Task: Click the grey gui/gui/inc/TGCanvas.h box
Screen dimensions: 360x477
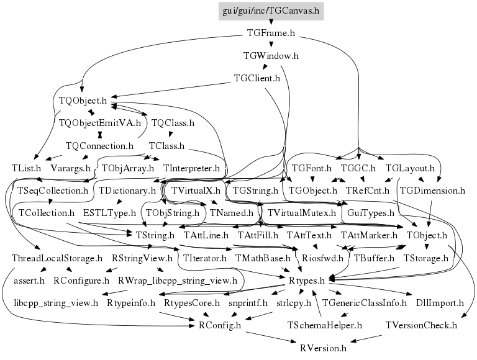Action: click(271, 12)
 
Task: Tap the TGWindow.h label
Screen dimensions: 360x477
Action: click(271, 56)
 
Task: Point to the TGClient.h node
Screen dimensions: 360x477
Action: click(257, 78)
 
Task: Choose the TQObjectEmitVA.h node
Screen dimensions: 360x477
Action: click(99, 123)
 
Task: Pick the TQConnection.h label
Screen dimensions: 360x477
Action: click(99, 146)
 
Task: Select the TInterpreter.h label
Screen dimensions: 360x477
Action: click(191, 168)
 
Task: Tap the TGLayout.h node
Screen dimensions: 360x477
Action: click(409, 168)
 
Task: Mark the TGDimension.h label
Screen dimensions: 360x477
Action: click(432, 191)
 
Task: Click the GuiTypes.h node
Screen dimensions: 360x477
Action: click(363, 212)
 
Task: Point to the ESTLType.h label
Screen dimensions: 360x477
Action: click(109, 212)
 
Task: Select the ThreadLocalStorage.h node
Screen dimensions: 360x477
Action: click(57, 258)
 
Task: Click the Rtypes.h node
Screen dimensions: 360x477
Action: click(307, 281)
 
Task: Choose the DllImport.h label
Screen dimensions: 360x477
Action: click(440, 303)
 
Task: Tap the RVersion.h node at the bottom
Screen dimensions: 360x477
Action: click(322, 348)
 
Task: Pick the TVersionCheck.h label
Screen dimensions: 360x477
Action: click(420, 325)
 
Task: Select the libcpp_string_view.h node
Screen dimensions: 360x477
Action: click(56, 303)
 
